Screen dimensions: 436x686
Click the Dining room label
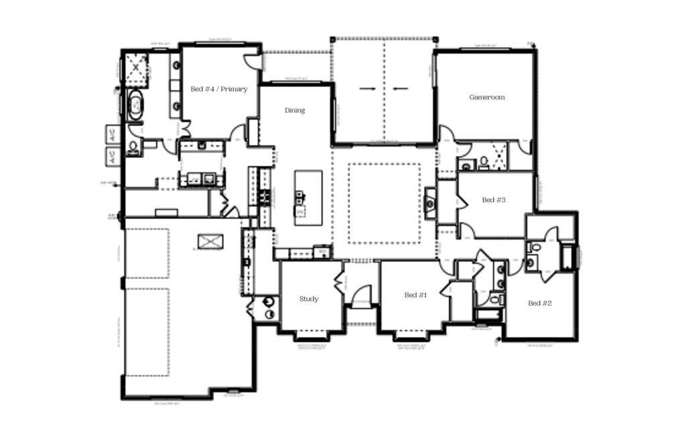point(295,111)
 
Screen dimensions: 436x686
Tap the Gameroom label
point(487,97)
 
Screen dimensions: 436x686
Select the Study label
point(309,299)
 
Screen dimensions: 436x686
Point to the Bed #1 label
point(415,295)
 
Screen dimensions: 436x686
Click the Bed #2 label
point(539,303)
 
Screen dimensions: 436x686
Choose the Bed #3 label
point(493,200)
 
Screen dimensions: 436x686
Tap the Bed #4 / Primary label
point(219,89)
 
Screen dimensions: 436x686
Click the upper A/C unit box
point(113,134)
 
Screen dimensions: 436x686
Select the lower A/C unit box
point(113,157)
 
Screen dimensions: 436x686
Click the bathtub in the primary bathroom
point(135,106)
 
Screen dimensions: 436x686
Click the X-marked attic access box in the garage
point(208,242)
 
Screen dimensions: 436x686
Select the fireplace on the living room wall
point(431,203)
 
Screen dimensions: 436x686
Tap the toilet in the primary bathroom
point(134,147)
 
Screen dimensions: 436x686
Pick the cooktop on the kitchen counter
point(265,196)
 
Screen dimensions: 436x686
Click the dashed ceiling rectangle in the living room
point(384,204)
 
